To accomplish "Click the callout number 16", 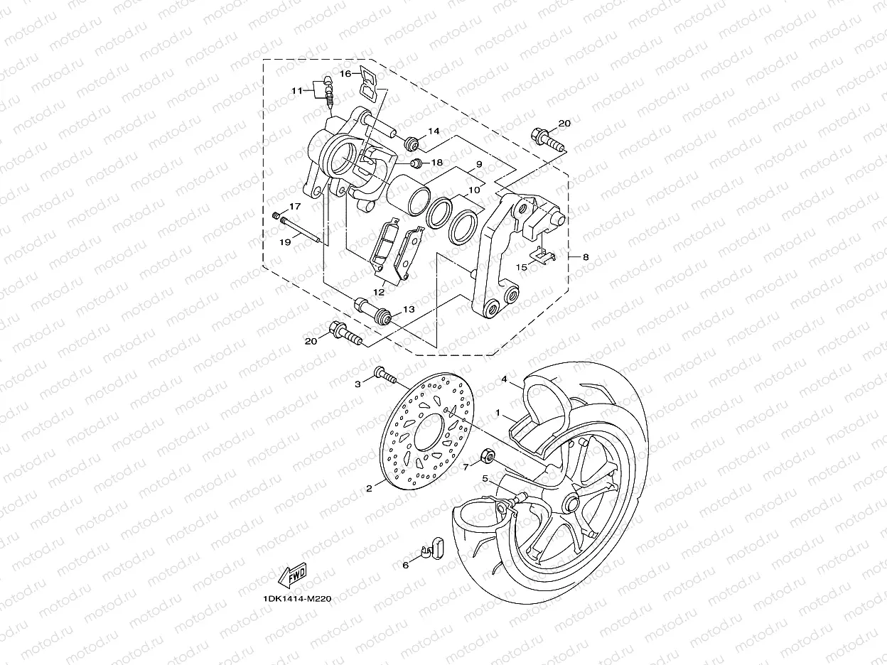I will [x=345, y=74].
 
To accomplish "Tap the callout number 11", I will [x=297, y=90].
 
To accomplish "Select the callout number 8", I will [x=585, y=257].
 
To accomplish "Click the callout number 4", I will [x=504, y=380].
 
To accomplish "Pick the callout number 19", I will [x=285, y=242].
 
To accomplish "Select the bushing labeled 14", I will [x=411, y=145].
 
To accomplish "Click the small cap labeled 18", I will [x=417, y=164].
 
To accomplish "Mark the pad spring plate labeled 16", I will [x=368, y=82].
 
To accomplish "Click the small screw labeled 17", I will [x=276, y=215].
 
